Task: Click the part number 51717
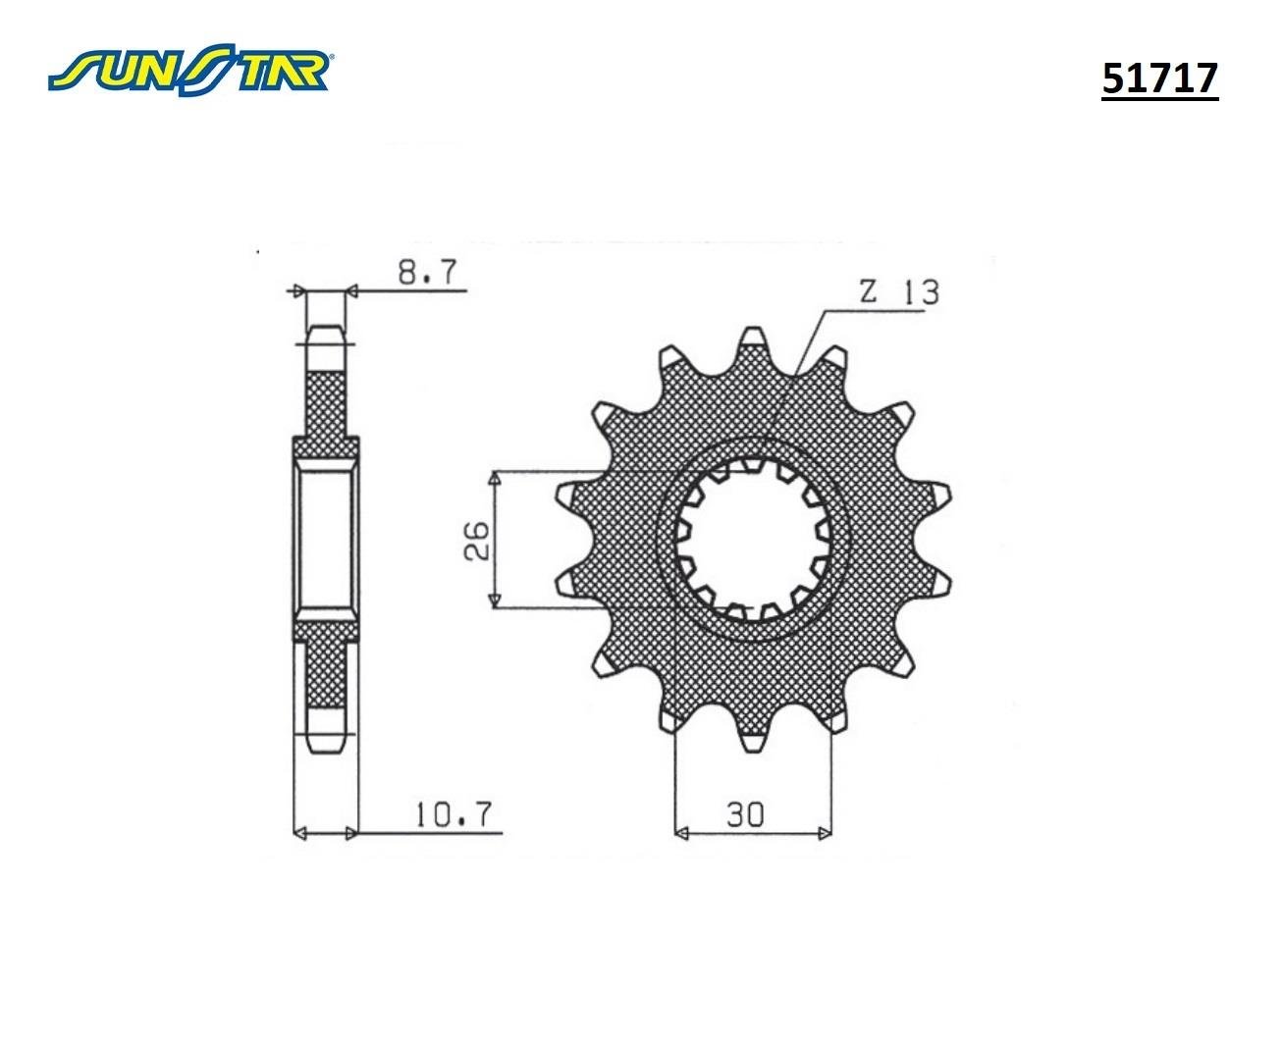coord(1159,78)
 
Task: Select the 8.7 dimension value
coord(428,273)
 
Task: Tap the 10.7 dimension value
coord(454,814)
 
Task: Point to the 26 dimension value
coord(477,540)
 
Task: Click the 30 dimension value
coord(745,814)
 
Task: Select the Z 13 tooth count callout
coord(899,292)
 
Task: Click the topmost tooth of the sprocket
coord(752,340)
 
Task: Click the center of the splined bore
coord(753,540)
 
